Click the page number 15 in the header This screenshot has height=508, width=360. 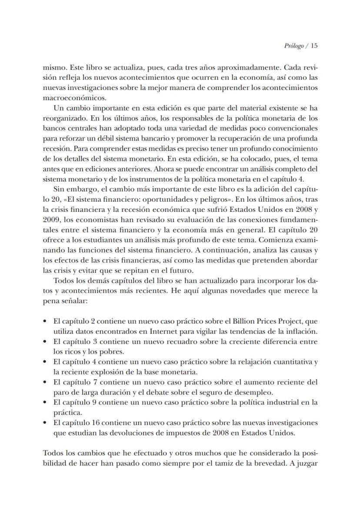click(315, 45)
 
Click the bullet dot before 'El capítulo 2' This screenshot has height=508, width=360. click(46, 321)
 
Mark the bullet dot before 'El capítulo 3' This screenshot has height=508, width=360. click(46, 341)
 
